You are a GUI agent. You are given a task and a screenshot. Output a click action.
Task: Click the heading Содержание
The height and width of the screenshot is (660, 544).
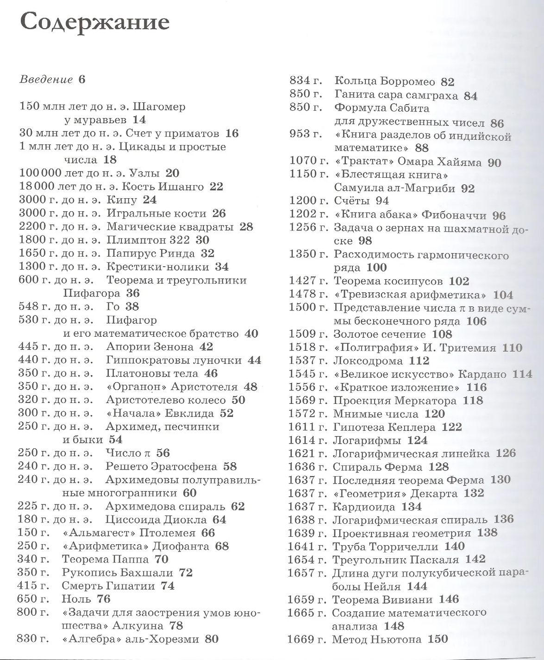coord(95,23)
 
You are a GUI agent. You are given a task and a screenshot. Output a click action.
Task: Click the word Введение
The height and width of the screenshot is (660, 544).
coord(46,80)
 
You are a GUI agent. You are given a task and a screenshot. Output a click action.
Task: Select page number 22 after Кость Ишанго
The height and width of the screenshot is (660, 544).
coord(216,187)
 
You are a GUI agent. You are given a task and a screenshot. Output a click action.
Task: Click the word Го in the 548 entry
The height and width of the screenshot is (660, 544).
coord(113,307)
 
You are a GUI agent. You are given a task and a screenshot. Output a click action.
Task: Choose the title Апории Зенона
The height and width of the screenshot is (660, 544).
coord(150,347)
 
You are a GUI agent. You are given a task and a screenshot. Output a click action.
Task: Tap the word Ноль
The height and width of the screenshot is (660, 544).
coord(76,599)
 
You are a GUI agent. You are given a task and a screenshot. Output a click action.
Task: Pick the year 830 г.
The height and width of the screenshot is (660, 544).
coord(32,640)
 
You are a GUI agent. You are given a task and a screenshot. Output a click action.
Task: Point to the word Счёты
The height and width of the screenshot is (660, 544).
coord(351,201)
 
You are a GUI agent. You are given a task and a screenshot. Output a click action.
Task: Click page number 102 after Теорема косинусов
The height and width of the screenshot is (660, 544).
coord(459,281)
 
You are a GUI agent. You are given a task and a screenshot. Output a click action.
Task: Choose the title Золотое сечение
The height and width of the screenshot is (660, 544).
coord(380,334)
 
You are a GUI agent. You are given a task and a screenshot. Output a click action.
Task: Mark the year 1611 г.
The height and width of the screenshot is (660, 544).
coord(307,427)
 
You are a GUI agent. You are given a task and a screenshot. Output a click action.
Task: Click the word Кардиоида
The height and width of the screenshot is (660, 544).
coord(363,507)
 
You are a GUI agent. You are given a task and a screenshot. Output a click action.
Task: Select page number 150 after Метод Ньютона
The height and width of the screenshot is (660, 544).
coord(438,640)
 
